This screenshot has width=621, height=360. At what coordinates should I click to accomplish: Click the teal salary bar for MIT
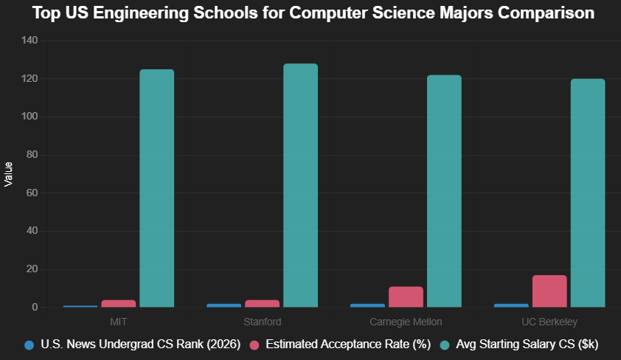point(156,188)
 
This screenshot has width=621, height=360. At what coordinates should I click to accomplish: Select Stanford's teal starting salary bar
point(300,185)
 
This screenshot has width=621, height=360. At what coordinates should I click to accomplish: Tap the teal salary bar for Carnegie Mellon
point(444,191)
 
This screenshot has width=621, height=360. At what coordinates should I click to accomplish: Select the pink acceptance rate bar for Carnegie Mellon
point(406,297)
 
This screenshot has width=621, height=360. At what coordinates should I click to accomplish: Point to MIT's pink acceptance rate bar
point(118,303)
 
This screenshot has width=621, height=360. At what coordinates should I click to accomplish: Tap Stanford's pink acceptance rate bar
point(262,303)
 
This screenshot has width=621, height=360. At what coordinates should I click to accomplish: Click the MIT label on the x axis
point(119,322)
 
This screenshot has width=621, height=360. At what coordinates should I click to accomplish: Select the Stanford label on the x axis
point(262,322)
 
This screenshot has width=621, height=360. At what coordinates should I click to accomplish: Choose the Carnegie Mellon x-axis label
point(406,322)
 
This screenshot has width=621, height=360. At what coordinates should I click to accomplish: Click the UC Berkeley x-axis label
point(549,322)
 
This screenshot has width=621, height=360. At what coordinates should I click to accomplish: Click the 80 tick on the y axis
point(32,155)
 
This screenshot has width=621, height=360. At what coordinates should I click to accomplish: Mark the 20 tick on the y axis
point(32,269)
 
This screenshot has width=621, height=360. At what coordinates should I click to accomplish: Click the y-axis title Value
point(9,174)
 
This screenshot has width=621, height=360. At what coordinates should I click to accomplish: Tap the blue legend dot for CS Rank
point(30,345)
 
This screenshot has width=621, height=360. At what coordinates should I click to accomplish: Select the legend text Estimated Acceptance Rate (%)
point(347,345)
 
